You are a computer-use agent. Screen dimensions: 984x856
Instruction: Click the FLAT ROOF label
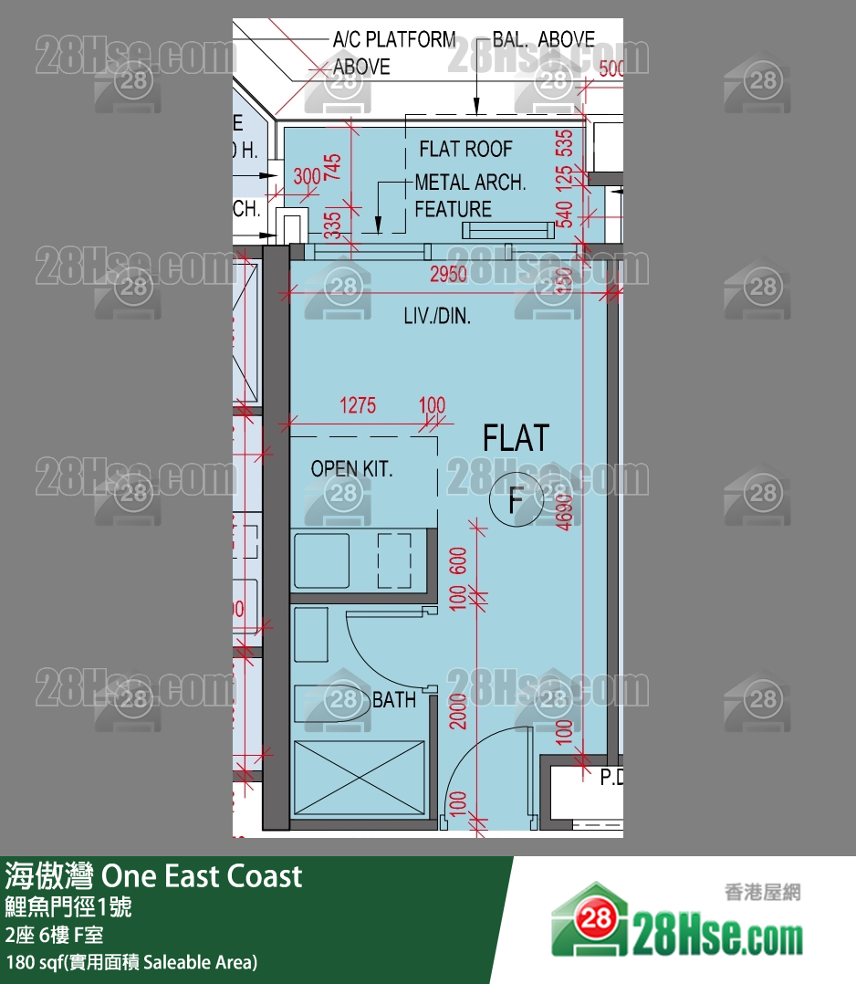465,149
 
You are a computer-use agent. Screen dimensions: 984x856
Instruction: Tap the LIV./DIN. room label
437,317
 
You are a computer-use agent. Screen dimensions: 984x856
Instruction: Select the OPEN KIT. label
351,469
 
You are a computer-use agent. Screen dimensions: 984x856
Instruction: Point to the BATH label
394,700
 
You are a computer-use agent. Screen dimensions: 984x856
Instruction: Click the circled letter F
516,500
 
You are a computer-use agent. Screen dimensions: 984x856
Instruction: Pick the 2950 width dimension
449,275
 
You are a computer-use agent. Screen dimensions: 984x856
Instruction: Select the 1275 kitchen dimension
357,405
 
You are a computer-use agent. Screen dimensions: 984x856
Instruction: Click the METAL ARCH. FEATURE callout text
469,195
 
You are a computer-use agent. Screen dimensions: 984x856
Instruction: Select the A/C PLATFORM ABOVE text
392,53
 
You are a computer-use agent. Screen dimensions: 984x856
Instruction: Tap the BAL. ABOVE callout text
543,39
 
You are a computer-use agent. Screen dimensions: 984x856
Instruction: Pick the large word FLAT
516,438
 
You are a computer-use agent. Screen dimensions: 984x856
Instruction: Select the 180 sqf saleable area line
131,962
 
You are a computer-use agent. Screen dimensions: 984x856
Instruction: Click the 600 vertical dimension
458,560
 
